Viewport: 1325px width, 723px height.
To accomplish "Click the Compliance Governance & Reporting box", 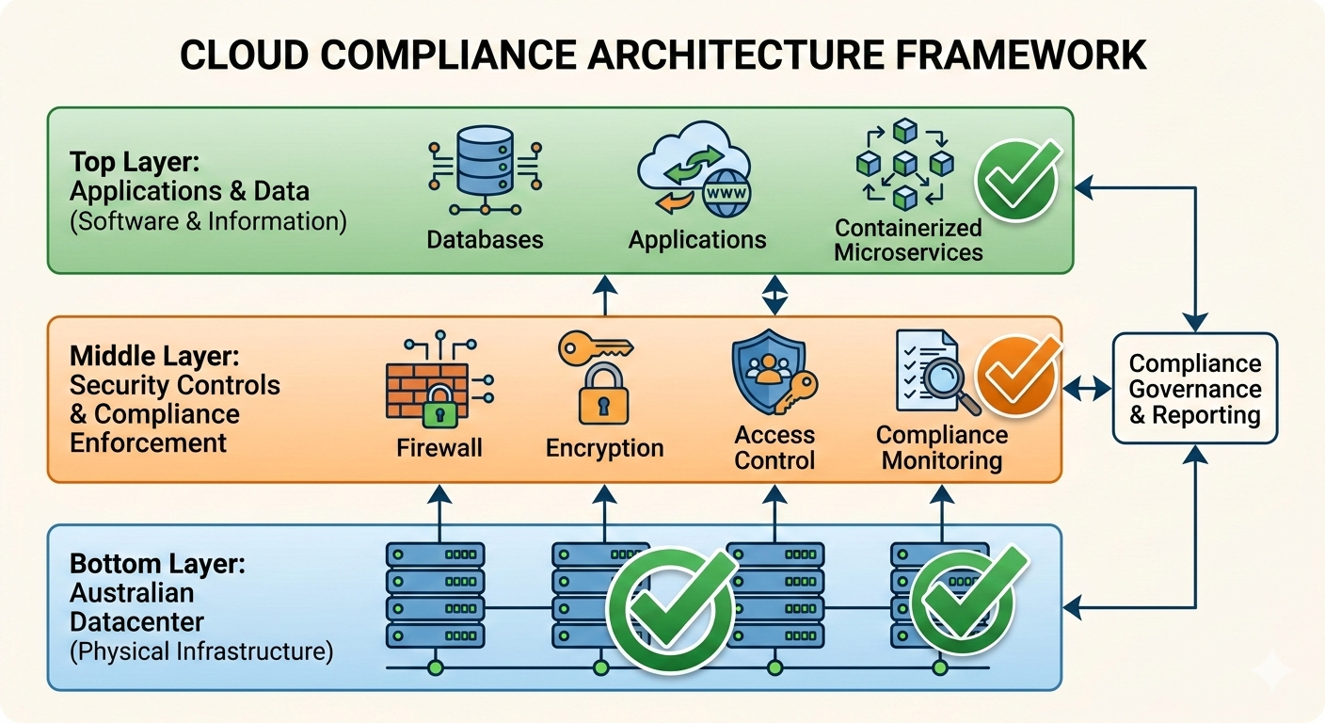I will point(1194,389).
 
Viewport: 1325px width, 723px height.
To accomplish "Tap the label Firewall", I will point(439,447).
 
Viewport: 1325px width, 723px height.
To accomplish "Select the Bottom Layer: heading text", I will point(157,565).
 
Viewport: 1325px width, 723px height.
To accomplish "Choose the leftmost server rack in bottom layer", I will point(435,592).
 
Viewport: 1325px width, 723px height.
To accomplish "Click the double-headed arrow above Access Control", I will point(773,295).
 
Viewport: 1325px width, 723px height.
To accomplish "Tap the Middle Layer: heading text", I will point(154,356).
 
